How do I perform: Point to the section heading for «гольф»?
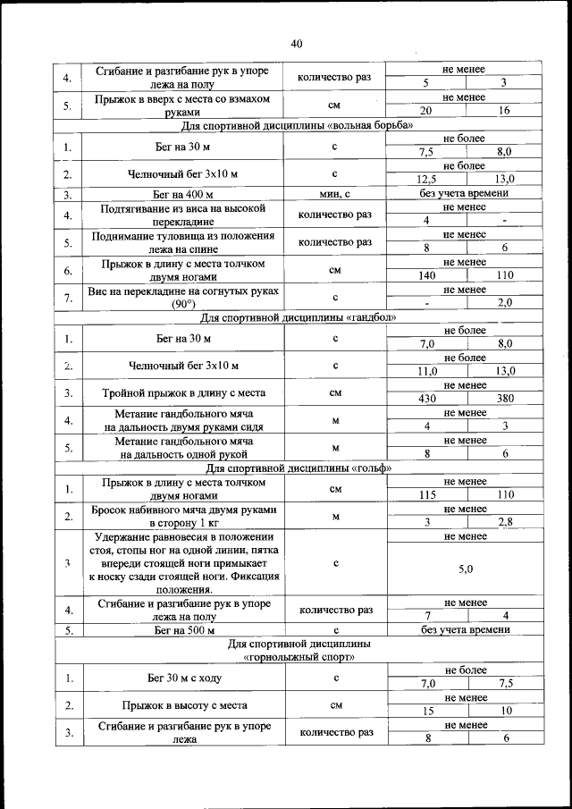(x=296, y=467)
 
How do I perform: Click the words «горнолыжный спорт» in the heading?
(x=296, y=657)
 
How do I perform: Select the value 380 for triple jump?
(x=505, y=399)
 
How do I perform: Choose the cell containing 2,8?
(x=505, y=522)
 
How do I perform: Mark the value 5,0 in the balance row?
(x=465, y=569)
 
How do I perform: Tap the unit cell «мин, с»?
(x=334, y=193)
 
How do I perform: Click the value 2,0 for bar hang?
(x=505, y=303)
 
